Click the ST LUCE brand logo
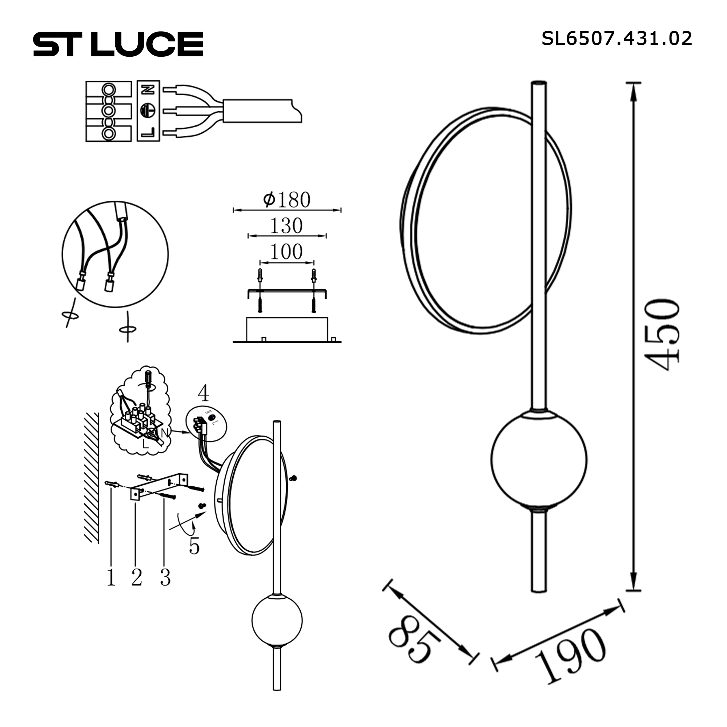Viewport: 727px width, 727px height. coord(118,44)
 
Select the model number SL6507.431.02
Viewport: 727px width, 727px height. coord(616,39)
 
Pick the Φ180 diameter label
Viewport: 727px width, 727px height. coord(287,200)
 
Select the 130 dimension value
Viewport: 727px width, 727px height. coord(286,226)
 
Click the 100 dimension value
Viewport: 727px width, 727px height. coord(286,252)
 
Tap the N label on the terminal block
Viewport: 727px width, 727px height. coord(148,89)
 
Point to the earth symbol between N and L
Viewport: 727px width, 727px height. coord(148,110)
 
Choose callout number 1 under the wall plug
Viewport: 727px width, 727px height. coord(111,578)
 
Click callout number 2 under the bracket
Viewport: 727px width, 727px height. coord(137,578)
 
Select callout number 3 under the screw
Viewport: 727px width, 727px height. coord(165,578)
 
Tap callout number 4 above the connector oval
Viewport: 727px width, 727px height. coord(203,393)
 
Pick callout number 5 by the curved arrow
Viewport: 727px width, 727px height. coord(194,546)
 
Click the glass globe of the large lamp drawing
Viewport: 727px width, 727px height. coord(539,459)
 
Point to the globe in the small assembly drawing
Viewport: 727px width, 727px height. coord(277,620)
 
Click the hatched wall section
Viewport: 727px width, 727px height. coord(92,478)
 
